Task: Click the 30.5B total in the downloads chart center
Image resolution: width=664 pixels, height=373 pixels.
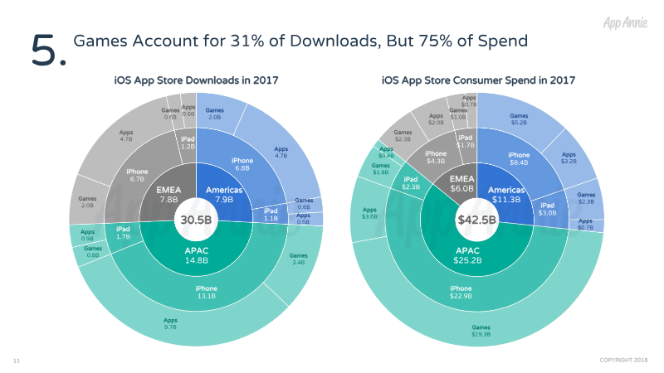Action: pos(196,221)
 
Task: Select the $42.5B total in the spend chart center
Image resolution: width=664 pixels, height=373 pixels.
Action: pos(476,221)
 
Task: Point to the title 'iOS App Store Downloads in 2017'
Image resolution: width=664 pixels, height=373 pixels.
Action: pos(196,80)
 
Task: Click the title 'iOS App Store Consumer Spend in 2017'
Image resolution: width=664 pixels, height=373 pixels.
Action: pos(478,80)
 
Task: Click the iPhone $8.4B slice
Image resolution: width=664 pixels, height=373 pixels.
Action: pos(519,158)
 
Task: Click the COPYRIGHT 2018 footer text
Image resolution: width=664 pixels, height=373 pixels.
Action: pos(624,359)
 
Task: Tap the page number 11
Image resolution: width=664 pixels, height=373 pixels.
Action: pos(16,361)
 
